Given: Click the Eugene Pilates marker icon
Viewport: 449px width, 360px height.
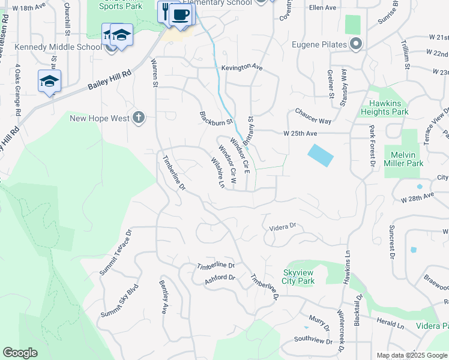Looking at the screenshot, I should pos(356,44).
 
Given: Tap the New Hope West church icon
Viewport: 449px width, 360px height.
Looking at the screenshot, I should pos(139,118).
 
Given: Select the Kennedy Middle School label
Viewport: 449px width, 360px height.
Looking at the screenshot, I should pos(58,47).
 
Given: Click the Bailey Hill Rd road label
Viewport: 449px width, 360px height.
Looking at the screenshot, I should pos(109,79).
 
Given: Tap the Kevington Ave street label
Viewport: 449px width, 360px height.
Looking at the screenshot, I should pos(242,68).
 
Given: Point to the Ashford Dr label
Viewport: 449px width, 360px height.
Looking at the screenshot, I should pos(220,278).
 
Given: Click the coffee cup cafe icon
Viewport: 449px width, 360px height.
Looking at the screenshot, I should pos(181,14).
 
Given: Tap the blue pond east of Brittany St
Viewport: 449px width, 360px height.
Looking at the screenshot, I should pos(321,155).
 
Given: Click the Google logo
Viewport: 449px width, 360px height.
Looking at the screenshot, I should pos(20,353).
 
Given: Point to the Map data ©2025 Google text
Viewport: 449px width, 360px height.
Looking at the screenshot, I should pos(411,355).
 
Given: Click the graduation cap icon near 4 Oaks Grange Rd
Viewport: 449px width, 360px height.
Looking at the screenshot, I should pos(49,81).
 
